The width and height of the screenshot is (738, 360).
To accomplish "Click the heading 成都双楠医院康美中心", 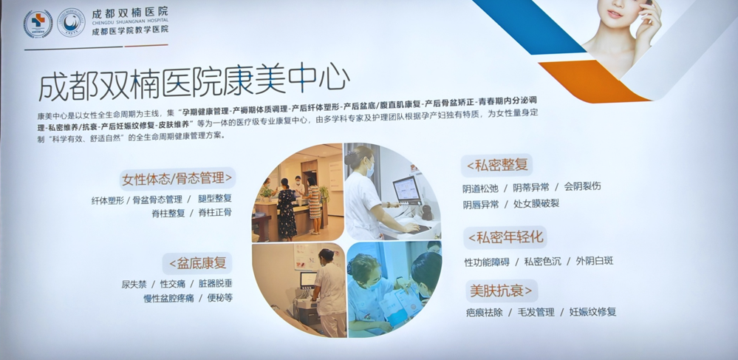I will (194, 84).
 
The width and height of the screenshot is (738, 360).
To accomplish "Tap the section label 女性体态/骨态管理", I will (177, 178).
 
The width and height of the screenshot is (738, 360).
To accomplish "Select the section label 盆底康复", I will (198, 262).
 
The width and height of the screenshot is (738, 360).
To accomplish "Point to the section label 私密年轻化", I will (505, 237).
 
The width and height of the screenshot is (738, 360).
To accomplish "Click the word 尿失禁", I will (135, 284).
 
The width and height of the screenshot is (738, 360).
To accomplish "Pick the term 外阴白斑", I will (595, 261).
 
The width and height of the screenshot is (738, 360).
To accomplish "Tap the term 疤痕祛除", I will (483, 312).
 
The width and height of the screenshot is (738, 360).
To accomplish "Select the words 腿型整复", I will (214, 199).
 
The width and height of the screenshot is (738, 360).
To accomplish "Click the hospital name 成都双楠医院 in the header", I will (130, 12).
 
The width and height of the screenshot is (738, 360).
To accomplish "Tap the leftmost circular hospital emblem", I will (38, 24).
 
